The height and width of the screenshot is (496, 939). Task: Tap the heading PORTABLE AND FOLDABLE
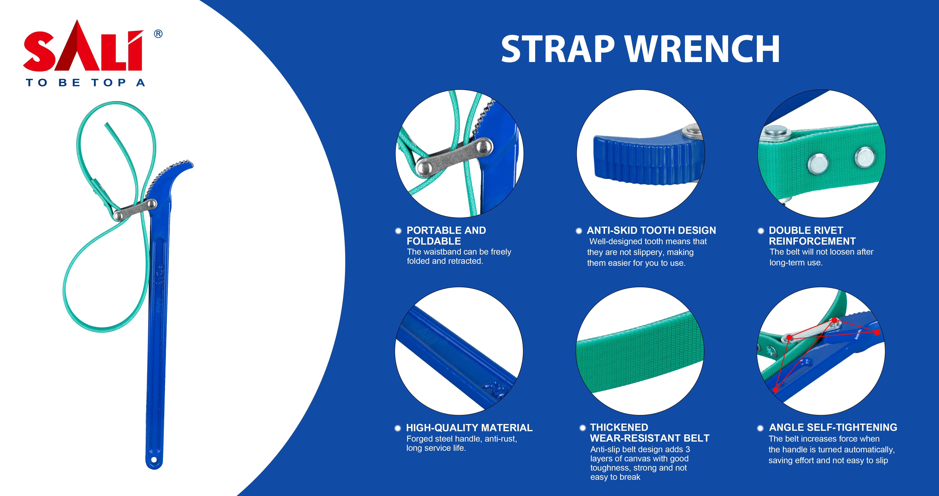click(446, 236)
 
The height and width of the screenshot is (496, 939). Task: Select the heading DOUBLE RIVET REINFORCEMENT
click(812, 236)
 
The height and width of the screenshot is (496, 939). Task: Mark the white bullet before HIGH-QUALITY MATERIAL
click(398, 428)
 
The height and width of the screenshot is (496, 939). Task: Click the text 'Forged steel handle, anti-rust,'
click(461, 439)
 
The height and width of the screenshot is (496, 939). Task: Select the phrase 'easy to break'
click(615, 477)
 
